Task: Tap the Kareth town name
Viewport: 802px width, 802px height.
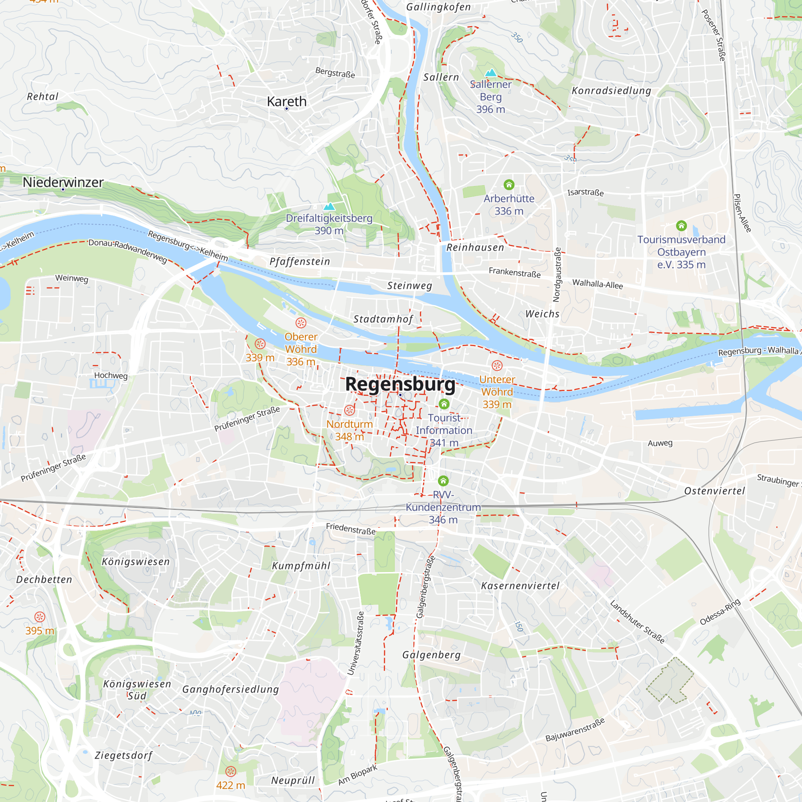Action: point(286,101)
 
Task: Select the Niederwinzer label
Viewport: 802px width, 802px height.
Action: point(63,182)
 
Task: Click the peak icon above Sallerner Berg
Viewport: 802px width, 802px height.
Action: point(491,73)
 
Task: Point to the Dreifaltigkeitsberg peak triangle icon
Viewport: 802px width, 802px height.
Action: point(329,206)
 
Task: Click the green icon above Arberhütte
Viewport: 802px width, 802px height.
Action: point(509,185)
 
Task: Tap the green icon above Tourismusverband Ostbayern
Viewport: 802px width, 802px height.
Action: point(681,226)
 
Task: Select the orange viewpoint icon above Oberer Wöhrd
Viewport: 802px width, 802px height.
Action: point(301,322)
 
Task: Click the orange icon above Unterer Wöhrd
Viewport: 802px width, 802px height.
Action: point(497,365)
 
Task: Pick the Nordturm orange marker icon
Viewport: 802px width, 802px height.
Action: point(350,410)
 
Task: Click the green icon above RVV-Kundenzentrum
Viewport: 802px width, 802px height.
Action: point(444,481)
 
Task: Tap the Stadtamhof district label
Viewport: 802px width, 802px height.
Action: point(383,319)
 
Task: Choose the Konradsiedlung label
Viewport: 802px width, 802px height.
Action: point(611,91)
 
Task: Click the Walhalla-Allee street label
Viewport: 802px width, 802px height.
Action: point(597,284)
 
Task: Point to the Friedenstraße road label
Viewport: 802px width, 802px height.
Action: point(351,529)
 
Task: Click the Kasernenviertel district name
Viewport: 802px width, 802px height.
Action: point(520,586)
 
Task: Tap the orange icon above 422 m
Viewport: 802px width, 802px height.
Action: point(231,771)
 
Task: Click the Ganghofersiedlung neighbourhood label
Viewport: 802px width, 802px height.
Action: point(231,689)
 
